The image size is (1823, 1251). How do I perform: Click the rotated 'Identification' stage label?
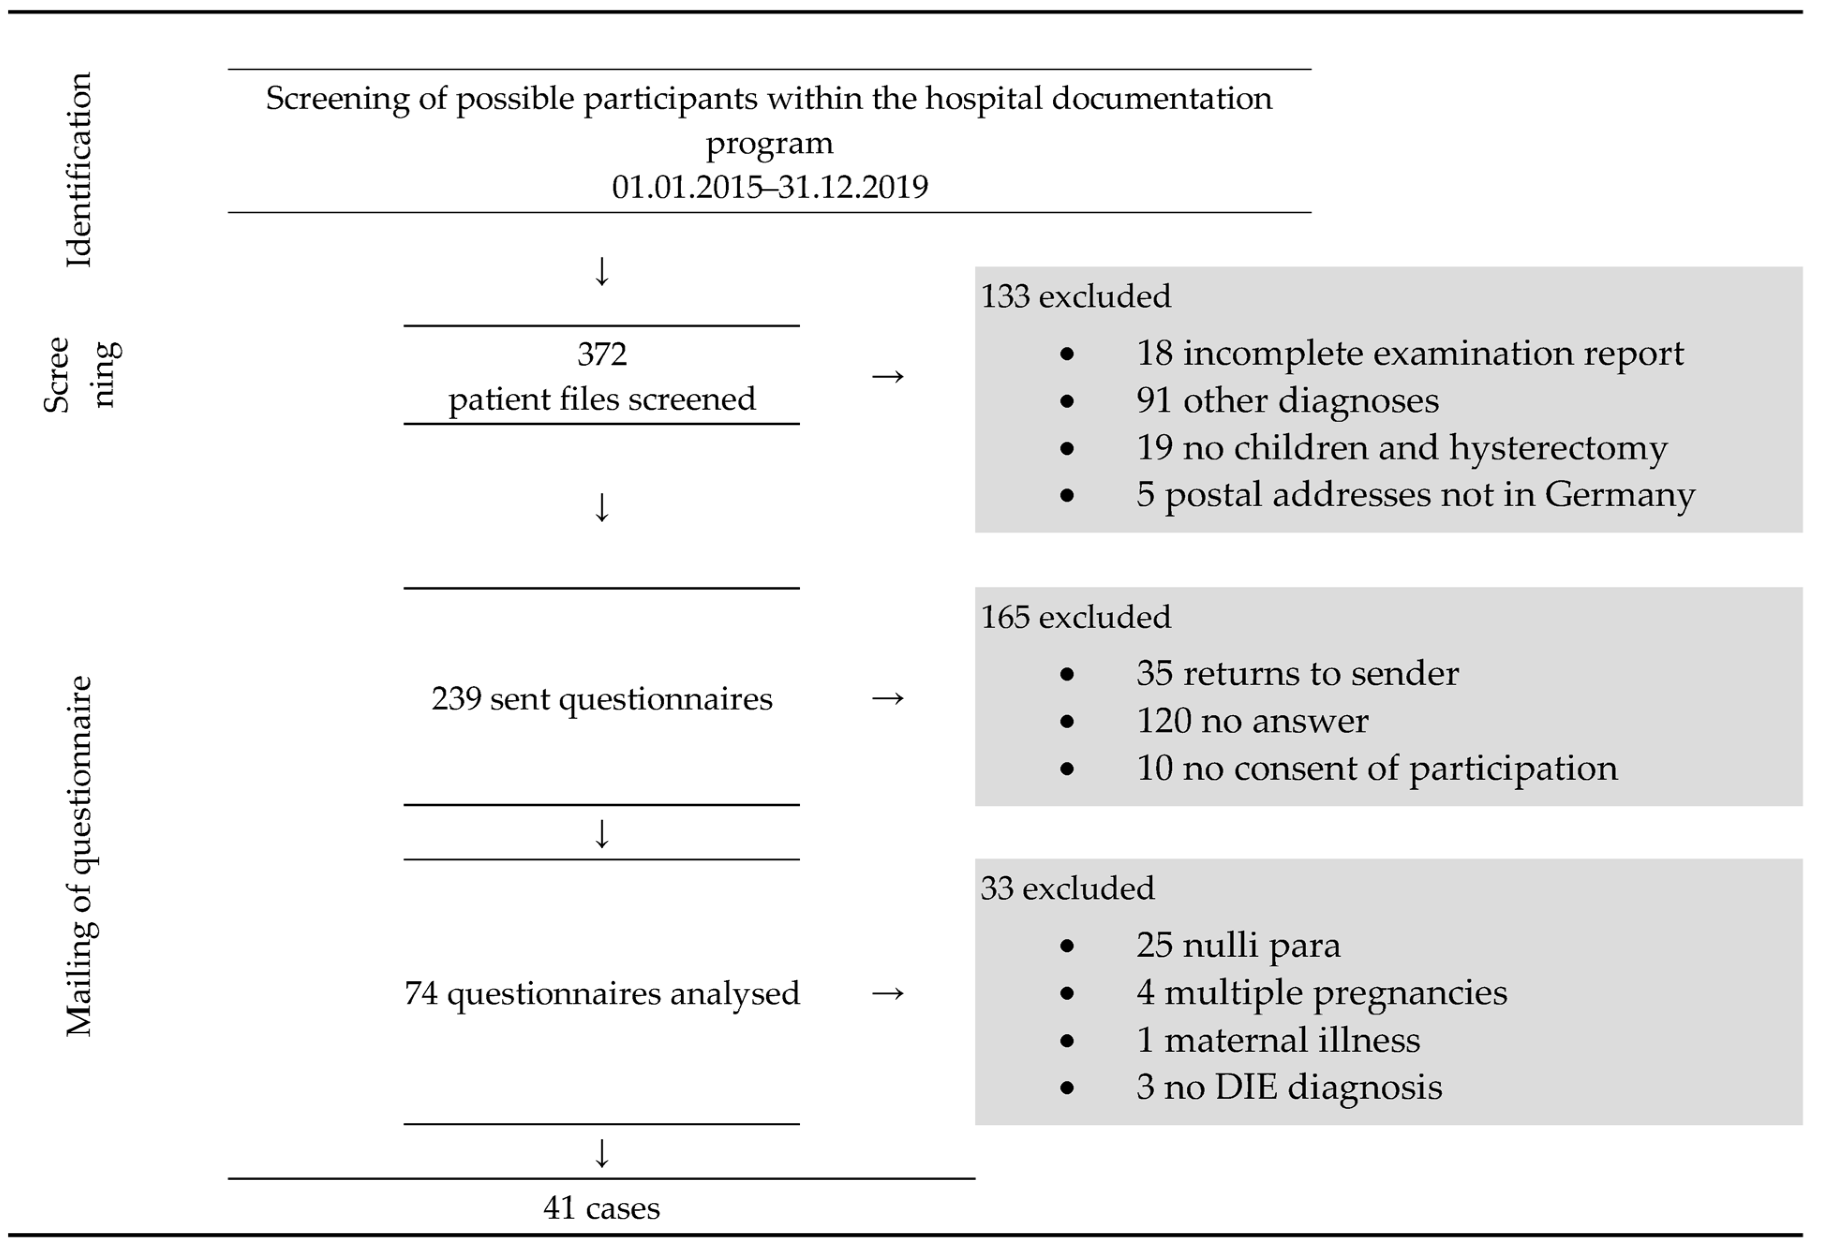(78, 170)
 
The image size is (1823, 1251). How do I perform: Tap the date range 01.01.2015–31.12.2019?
(769, 187)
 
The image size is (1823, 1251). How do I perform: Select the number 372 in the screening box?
(602, 355)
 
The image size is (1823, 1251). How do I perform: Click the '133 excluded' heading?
(1075, 296)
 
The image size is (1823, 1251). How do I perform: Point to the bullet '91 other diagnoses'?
(1287, 401)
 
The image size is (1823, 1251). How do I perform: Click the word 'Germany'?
(1619, 495)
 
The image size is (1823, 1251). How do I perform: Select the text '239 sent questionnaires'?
(602, 699)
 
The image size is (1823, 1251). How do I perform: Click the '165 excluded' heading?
(1075, 617)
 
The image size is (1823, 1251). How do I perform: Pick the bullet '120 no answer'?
(1252, 721)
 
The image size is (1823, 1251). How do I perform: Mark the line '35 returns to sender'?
(1297, 674)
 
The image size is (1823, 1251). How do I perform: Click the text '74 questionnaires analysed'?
(602, 994)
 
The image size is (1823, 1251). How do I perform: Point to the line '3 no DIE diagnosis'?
(1289, 1087)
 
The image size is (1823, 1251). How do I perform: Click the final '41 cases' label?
(602, 1208)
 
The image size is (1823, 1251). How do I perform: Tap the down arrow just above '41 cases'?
(602, 1154)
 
